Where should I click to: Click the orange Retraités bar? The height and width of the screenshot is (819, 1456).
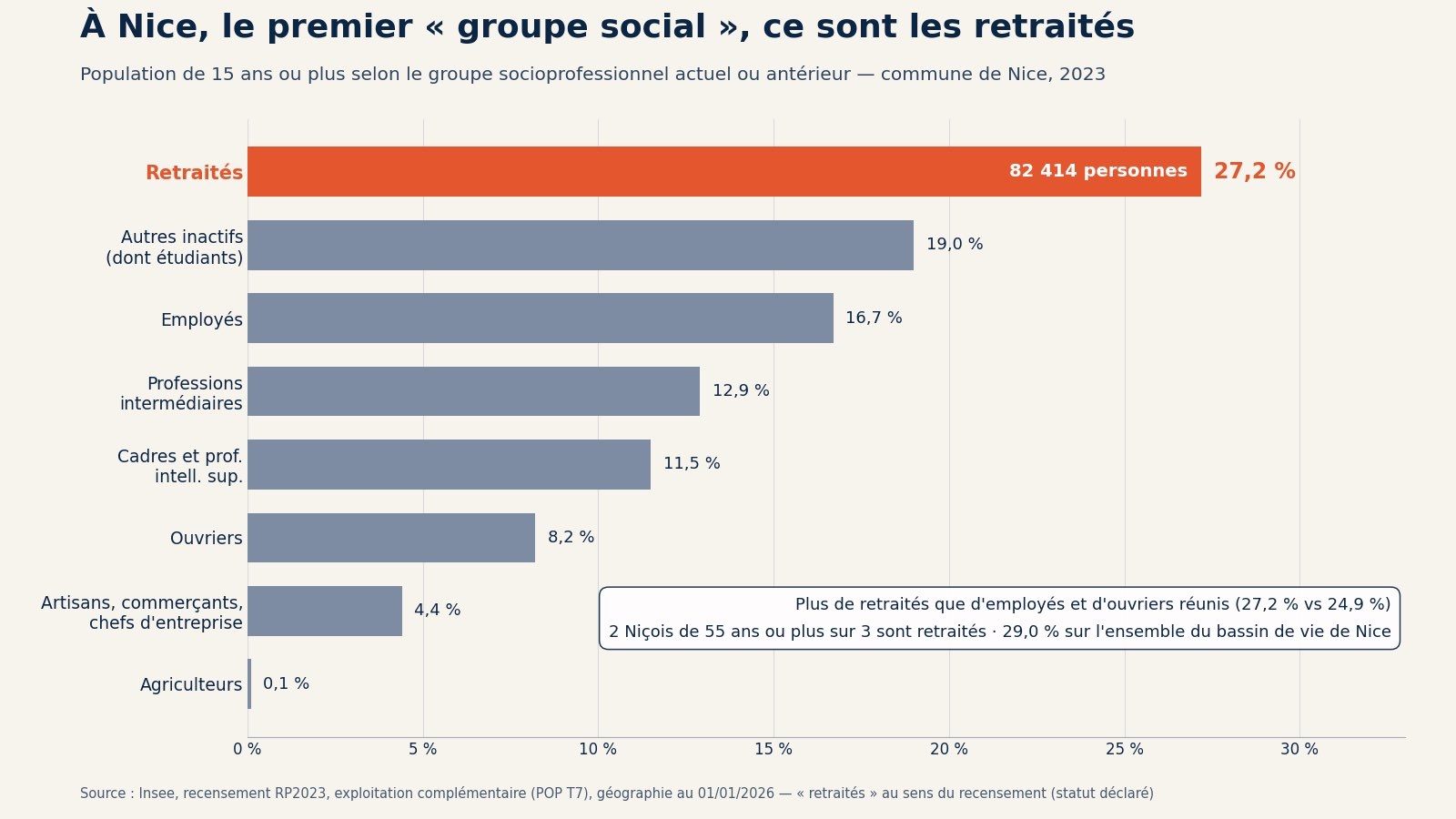click(724, 172)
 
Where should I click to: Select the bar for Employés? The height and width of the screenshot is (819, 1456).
click(541, 318)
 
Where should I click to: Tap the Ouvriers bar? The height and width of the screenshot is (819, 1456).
click(391, 538)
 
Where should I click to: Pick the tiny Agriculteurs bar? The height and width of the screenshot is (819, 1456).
click(249, 683)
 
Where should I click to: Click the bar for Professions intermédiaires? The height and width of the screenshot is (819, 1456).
click(473, 391)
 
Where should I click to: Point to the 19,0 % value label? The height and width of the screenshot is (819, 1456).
click(955, 245)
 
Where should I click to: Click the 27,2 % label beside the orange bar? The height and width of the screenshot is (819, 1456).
click(1255, 172)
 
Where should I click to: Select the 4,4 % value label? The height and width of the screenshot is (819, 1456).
click(437, 611)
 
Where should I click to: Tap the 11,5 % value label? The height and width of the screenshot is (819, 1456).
click(692, 463)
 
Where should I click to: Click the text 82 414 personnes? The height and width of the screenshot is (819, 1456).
click(1097, 171)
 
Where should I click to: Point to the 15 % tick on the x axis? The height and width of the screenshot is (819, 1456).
click(773, 750)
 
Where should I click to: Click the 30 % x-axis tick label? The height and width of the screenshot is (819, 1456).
click(1299, 750)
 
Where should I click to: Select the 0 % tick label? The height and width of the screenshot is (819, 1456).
click(247, 750)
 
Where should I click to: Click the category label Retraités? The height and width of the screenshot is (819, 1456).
click(194, 173)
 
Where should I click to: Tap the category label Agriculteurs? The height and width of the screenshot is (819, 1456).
click(191, 684)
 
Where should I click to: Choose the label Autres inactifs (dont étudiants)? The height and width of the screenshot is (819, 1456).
click(174, 247)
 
